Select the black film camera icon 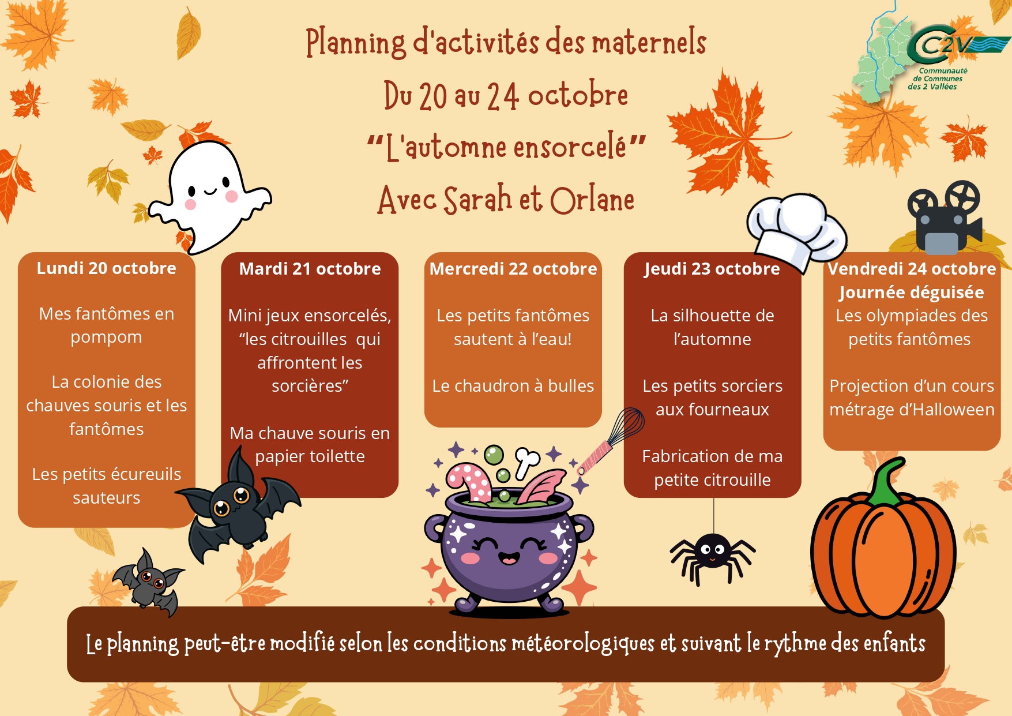pyautogui.click(x=944, y=218)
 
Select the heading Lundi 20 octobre pyautogui.click(x=107, y=268)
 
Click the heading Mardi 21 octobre pyautogui.click(x=310, y=269)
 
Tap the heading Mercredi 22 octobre pyautogui.click(x=513, y=269)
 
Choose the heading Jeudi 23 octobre pyautogui.click(x=712, y=269)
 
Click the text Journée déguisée pyautogui.click(x=912, y=293)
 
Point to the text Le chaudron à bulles pyautogui.click(x=513, y=386)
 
